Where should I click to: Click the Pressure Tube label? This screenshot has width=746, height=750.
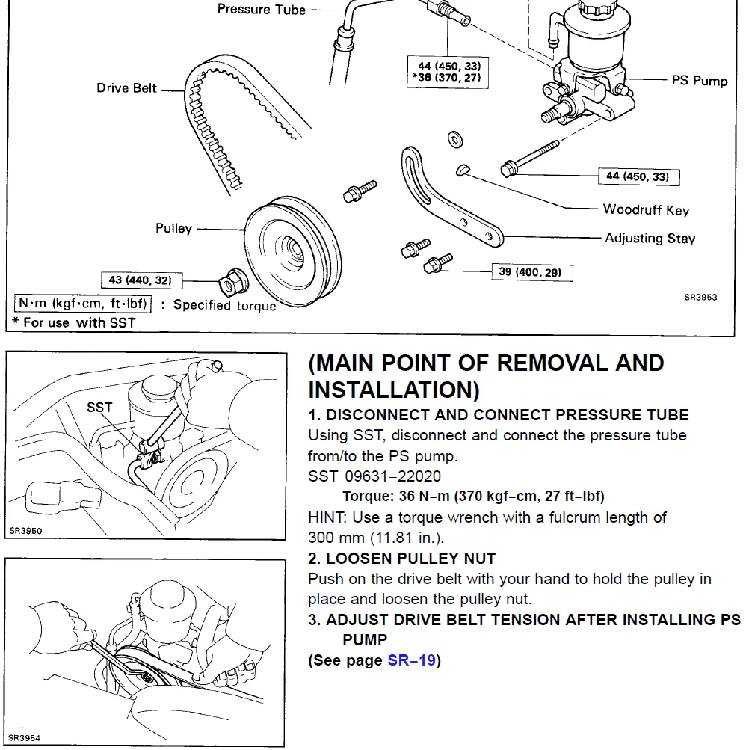(x=261, y=10)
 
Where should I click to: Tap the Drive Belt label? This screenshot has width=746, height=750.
(x=127, y=88)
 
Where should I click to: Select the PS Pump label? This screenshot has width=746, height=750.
(x=699, y=80)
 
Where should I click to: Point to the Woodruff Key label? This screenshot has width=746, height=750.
(x=646, y=210)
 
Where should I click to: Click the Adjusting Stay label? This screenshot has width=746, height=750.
(x=650, y=239)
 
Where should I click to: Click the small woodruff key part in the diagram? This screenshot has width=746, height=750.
(x=463, y=169)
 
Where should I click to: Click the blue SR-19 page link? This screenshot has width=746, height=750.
(x=411, y=661)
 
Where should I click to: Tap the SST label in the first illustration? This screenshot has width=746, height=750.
(x=99, y=408)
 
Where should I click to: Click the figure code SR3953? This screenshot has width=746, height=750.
(x=700, y=297)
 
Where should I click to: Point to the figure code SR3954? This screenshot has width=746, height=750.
(x=24, y=738)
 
